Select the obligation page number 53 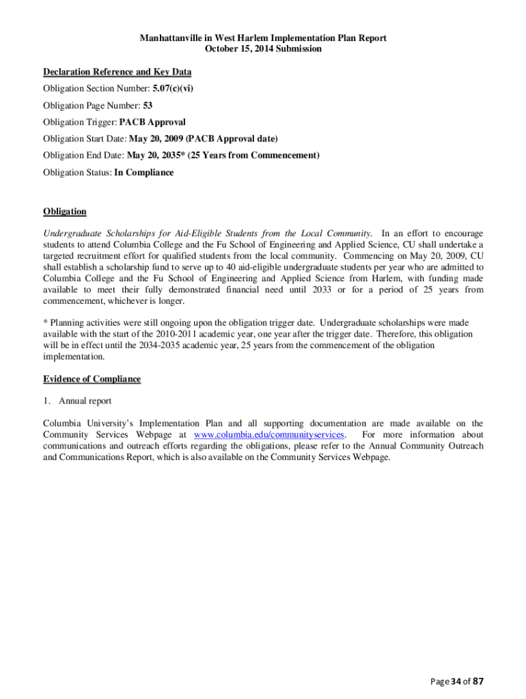coord(148,106)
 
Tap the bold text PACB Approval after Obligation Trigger coord(152,122)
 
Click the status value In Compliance coord(143,173)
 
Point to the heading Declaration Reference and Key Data coord(117,72)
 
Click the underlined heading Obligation coord(65,212)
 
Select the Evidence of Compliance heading coord(92,379)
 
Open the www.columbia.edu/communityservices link coord(269,435)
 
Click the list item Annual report coord(85,401)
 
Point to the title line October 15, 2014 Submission coord(263,49)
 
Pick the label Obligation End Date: coord(84,156)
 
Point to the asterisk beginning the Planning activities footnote coord(45,322)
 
